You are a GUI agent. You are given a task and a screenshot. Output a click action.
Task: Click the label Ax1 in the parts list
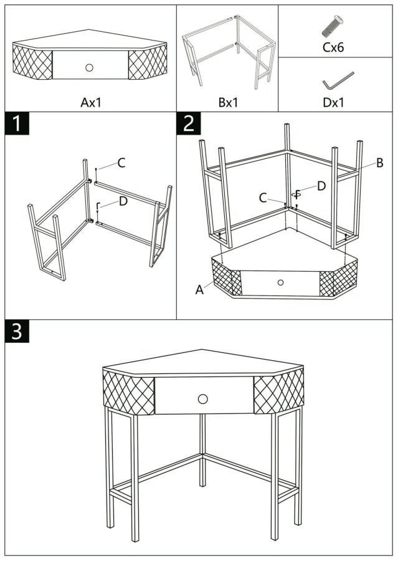pos(91,102)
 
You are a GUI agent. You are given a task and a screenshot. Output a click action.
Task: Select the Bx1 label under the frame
pos(228,102)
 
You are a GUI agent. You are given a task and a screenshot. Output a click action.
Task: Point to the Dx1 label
pos(333,102)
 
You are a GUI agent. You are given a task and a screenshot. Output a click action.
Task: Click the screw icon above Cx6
pos(333,26)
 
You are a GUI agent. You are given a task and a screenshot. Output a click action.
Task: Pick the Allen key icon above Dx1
pos(338,81)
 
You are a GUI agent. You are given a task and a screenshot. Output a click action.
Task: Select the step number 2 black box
pos(188,123)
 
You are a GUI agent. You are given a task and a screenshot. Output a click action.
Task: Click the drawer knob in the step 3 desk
pos(202,398)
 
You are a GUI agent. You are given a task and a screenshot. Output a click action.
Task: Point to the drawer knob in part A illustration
pos(89,67)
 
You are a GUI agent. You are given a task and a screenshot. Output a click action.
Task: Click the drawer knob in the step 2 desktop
pos(280,282)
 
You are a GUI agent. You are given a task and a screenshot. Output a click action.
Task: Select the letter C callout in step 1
pos(121,163)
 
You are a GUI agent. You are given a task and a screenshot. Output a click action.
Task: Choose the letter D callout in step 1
pos(123,201)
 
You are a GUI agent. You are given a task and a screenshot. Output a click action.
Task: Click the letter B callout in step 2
pos(379,163)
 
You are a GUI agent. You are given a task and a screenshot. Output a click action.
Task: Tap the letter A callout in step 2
pos(199,289)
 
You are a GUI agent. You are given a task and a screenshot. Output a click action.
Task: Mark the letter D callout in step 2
pos(321,186)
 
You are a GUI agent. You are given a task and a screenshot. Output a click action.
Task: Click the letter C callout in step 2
pos(263,198)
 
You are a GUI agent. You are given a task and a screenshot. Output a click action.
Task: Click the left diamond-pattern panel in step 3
pos(128,391)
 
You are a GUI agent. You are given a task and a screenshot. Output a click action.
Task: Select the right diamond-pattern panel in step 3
pos(278,391)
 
